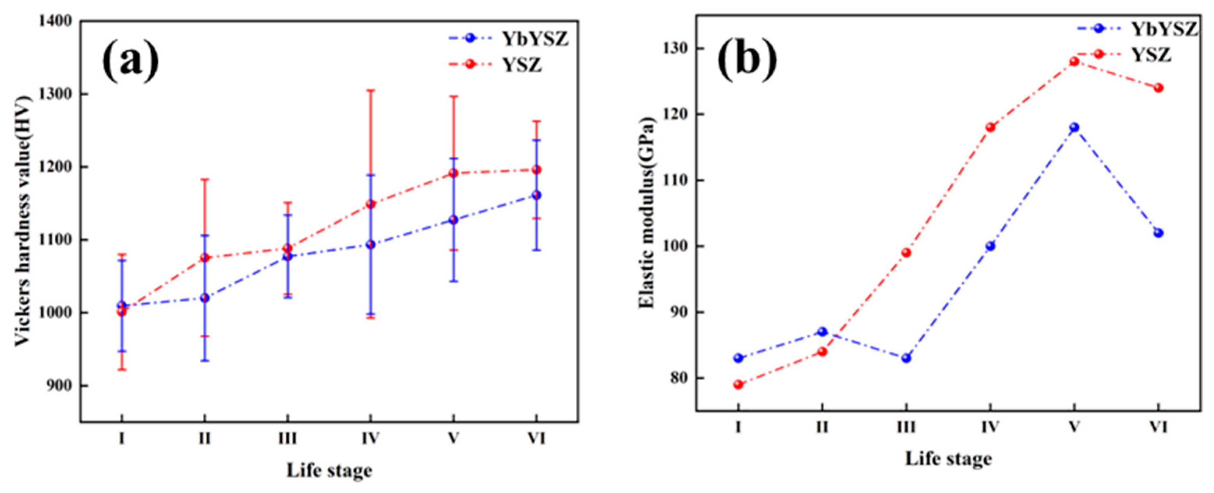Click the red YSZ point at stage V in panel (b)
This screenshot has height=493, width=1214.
click(1074, 62)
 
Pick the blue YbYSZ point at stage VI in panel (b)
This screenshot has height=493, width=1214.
click(1158, 233)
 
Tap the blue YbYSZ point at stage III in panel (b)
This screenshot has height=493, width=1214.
click(906, 358)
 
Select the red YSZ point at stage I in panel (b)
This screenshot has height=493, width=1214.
click(738, 385)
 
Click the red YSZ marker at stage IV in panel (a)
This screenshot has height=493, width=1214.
click(371, 204)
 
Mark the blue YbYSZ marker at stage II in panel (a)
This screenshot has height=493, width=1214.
click(204, 298)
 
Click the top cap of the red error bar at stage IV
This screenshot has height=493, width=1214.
click(371, 90)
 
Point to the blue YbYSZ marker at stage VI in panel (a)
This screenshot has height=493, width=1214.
click(536, 195)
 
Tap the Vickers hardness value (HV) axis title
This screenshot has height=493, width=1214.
click(22, 221)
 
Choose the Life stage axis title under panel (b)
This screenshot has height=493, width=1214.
click(948, 458)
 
